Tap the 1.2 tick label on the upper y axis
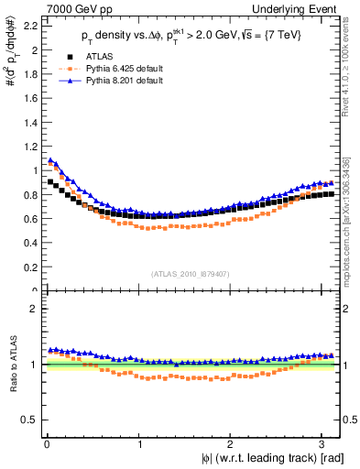[x=29, y=143]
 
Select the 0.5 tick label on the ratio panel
[x=29, y=420]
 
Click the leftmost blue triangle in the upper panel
[x=50, y=160]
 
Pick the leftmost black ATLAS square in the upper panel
[x=50, y=181]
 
